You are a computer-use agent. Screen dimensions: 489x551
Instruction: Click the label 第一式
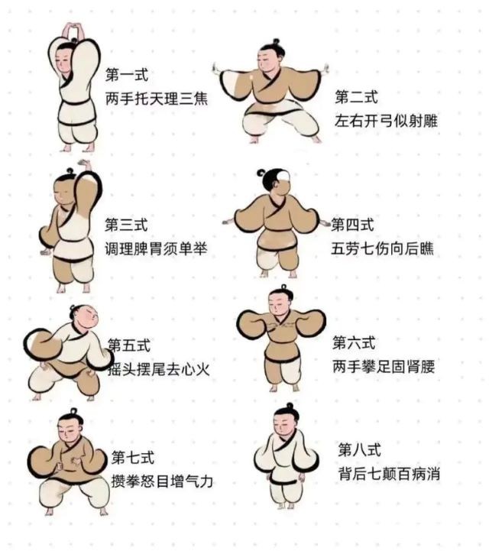(127, 75)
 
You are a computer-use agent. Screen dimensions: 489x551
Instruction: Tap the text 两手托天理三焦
(157, 99)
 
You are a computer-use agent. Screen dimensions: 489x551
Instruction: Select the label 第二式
(356, 97)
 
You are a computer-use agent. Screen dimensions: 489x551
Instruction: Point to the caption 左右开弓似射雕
(386, 121)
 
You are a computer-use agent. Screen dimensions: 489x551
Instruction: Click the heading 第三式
(126, 225)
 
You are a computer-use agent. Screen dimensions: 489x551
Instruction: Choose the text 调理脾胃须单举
(156, 248)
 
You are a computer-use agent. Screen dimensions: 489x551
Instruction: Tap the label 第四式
(352, 224)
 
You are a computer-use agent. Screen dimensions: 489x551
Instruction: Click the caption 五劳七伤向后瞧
(382, 248)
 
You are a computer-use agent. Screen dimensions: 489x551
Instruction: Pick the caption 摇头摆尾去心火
(158, 369)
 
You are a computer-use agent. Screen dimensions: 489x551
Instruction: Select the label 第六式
(354, 342)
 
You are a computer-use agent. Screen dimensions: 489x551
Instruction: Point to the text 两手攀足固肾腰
(384, 367)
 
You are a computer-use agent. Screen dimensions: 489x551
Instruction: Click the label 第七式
(133, 458)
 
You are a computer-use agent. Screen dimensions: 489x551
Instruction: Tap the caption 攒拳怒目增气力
(162, 481)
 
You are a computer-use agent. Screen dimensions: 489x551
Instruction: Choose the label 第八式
(359, 449)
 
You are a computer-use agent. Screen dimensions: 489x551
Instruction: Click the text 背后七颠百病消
(389, 474)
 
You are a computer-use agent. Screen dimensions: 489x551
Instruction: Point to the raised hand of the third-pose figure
(84, 164)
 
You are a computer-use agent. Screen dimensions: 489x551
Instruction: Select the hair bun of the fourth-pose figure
(261, 173)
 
